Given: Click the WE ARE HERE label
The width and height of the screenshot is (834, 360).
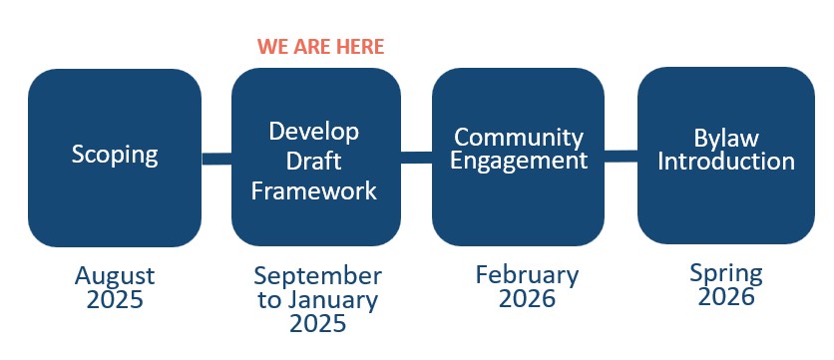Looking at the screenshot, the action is coord(320,47).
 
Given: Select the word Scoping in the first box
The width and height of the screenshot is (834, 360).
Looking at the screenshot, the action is coord(115,156).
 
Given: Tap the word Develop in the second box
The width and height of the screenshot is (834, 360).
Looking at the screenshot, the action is coord(314,133).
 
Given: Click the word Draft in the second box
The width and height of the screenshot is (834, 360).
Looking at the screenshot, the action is coord(314,162).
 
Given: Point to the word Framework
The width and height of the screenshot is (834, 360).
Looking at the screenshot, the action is coord(314,190).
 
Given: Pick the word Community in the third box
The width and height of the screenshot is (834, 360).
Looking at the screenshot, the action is coord(519,139).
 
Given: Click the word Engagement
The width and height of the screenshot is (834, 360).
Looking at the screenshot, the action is coord(519,162).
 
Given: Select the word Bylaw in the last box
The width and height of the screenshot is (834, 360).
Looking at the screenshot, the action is coord(726,140).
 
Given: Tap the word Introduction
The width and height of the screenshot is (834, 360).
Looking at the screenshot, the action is coord(726,162).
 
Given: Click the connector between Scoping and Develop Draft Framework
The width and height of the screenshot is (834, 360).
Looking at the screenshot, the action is coord(216,159).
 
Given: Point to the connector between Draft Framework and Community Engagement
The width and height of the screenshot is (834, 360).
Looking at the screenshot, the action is coord(416,158).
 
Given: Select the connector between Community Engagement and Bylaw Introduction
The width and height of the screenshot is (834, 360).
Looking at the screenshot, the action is coord(621,157).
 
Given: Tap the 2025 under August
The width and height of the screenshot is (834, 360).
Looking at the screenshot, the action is coord(115,300).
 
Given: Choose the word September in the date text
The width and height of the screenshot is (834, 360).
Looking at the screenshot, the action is coord(317,277).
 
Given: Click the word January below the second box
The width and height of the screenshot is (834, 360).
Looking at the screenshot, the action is coord(333,300).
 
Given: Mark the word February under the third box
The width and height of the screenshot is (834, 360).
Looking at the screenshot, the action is coord(527,275).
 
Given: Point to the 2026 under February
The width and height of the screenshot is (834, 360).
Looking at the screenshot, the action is coord(527,299).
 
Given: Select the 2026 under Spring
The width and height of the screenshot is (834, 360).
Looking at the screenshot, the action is coord(726,297).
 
